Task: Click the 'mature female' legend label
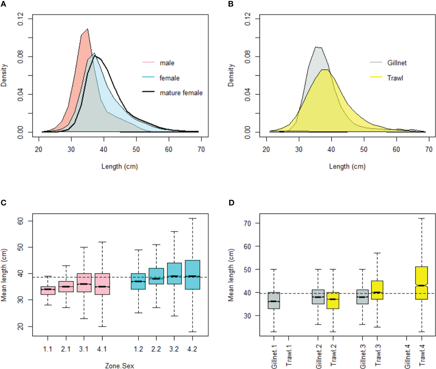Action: click(181, 93)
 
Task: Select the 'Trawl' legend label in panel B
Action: click(395, 78)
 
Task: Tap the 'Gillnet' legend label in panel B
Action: click(397, 63)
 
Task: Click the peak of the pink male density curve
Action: click(88, 29)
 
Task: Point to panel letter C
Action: click(3, 203)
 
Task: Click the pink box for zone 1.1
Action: click(48, 290)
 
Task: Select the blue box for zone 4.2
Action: click(192, 275)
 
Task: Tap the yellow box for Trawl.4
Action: click(422, 283)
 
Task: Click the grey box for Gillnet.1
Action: click(274, 300)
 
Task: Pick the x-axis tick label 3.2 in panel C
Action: click(174, 349)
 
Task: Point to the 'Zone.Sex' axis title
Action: click(120, 366)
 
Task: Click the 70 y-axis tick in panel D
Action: click(247, 223)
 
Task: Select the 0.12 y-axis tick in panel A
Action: click(21, 19)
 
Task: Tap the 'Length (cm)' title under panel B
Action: click(347, 166)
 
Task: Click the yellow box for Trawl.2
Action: click(333, 300)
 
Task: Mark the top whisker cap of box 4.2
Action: click(192, 218)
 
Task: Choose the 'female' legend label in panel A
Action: click(169, 78)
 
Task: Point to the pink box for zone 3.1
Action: click(84, 283)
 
